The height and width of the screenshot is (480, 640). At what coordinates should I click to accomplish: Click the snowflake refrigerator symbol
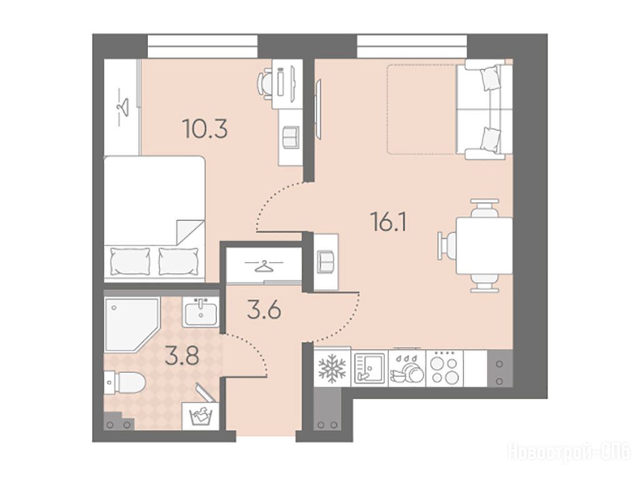[x=331, y=367]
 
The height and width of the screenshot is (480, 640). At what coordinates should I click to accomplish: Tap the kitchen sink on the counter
[x=369, y=368]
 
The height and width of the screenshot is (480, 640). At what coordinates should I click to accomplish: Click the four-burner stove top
[x=444, y=367]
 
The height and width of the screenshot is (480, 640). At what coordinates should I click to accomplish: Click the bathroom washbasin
[x=200, y=312]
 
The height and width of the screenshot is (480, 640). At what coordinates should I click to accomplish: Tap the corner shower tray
[x=131, y=325]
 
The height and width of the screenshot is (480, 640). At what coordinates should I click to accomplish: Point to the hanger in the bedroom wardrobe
[x=122, y=106]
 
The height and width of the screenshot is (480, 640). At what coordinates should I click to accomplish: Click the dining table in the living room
[x=484, y=246]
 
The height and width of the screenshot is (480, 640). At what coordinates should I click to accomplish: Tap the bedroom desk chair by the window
[x=265, y=84]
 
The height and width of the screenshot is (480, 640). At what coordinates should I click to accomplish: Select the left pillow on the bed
[x=130, y=262]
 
